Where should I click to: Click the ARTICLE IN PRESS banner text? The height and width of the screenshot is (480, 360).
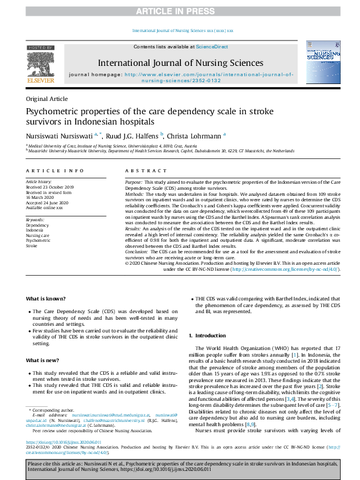(x=180, y=11)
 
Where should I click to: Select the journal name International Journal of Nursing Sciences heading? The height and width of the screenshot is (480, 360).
(x=180, y=63)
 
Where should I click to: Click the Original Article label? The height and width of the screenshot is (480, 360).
(x=46, y=98)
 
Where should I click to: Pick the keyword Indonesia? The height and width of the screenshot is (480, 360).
(x=34, y=230)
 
